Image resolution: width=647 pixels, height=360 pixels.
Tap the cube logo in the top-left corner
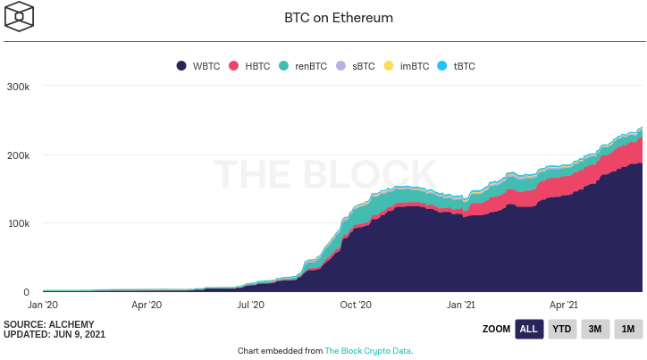(20, 17)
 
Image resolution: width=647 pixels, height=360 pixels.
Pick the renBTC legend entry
(303, 66)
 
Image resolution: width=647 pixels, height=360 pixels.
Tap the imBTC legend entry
(407, 66)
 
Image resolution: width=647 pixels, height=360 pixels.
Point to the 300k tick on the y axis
(18, 87)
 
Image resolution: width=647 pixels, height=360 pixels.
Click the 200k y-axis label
(18, 155)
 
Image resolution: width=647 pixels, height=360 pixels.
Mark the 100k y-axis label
(18, 223)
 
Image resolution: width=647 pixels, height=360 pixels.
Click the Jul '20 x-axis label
(251, 305)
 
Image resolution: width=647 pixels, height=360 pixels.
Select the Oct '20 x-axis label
(356, 305)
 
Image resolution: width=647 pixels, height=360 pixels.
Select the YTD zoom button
(561, 329)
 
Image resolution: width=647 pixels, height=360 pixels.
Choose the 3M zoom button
(594, 329)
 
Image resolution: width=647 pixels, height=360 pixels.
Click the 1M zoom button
(627, 329)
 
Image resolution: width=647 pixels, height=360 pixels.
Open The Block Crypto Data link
(367, 351)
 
